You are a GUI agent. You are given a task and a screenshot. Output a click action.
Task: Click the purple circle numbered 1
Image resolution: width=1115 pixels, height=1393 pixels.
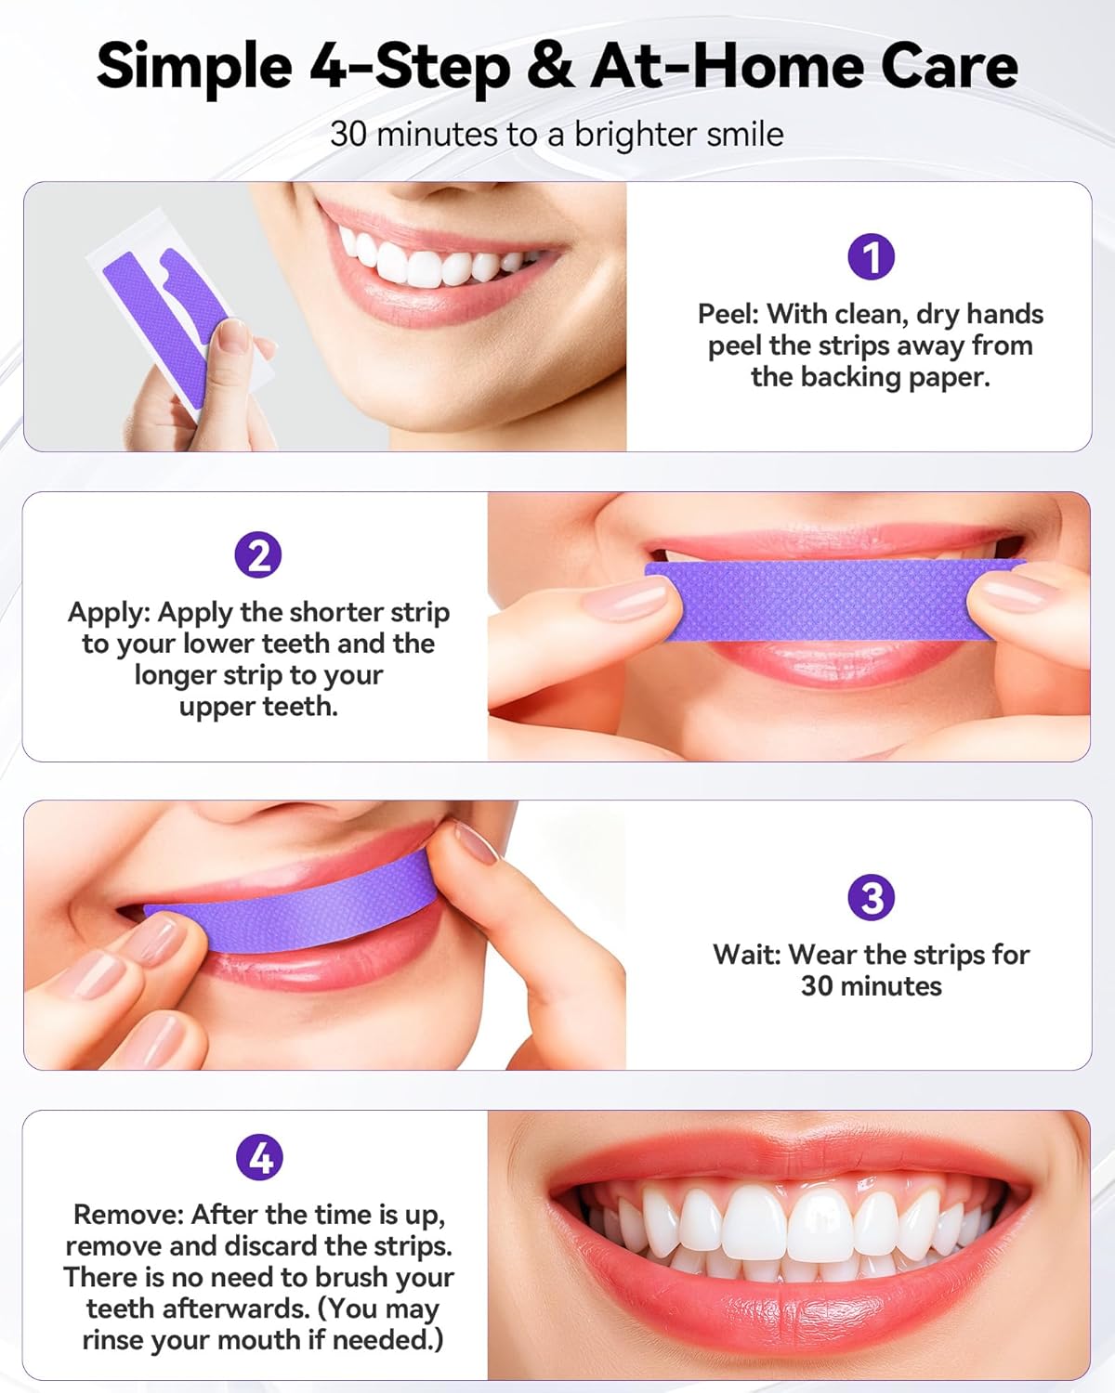tap(871, 256)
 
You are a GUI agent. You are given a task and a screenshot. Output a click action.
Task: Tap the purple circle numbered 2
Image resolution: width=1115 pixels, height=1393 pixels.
tap(258, 554)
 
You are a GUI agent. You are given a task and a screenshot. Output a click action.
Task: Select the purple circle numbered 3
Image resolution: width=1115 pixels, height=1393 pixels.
tap(871, 897)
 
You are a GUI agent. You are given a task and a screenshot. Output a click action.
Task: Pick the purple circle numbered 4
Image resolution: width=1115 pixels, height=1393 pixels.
tap(259, 1156)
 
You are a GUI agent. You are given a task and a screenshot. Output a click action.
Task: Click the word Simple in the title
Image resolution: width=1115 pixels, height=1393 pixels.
tap(194, 67)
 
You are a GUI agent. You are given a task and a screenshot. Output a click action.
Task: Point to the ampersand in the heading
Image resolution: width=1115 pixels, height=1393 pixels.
tap(550, 65)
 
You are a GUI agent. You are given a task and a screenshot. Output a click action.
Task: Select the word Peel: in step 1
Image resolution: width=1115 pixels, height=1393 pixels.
tap(728, 314)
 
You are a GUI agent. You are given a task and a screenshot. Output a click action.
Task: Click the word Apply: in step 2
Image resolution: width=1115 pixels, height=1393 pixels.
tap(108, 613)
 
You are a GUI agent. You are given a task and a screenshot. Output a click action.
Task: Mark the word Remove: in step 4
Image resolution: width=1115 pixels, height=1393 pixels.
tap(127, 1215)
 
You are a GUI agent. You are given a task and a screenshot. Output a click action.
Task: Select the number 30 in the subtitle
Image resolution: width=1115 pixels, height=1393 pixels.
tap(348, 134)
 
